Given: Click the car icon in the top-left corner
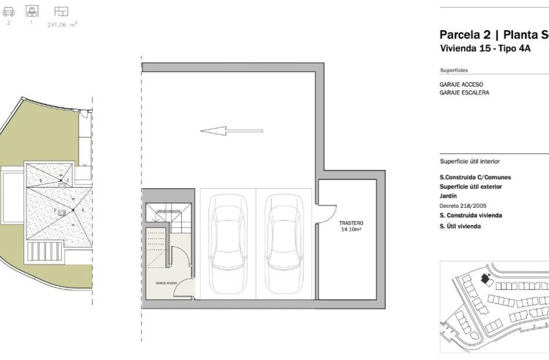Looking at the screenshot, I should pos(9,12).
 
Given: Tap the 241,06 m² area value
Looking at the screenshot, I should pos(62,25).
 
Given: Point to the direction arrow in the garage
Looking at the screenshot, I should pos(231,131).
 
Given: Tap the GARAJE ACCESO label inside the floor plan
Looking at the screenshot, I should pos(166,283).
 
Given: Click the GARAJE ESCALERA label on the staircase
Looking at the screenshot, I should pos(168,211).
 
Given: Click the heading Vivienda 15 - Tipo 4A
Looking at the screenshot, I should pos(485,48).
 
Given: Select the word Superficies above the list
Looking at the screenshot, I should pos(454,70).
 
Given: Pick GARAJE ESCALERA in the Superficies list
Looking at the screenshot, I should pos(464,93).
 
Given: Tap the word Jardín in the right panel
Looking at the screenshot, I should pos(448,196).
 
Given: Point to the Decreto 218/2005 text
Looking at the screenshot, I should pos(463,206).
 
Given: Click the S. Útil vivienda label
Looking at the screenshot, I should pos(460,227).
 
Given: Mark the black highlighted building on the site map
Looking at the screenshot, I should pos(485,279).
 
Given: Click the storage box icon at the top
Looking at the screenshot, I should pos(32,11).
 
